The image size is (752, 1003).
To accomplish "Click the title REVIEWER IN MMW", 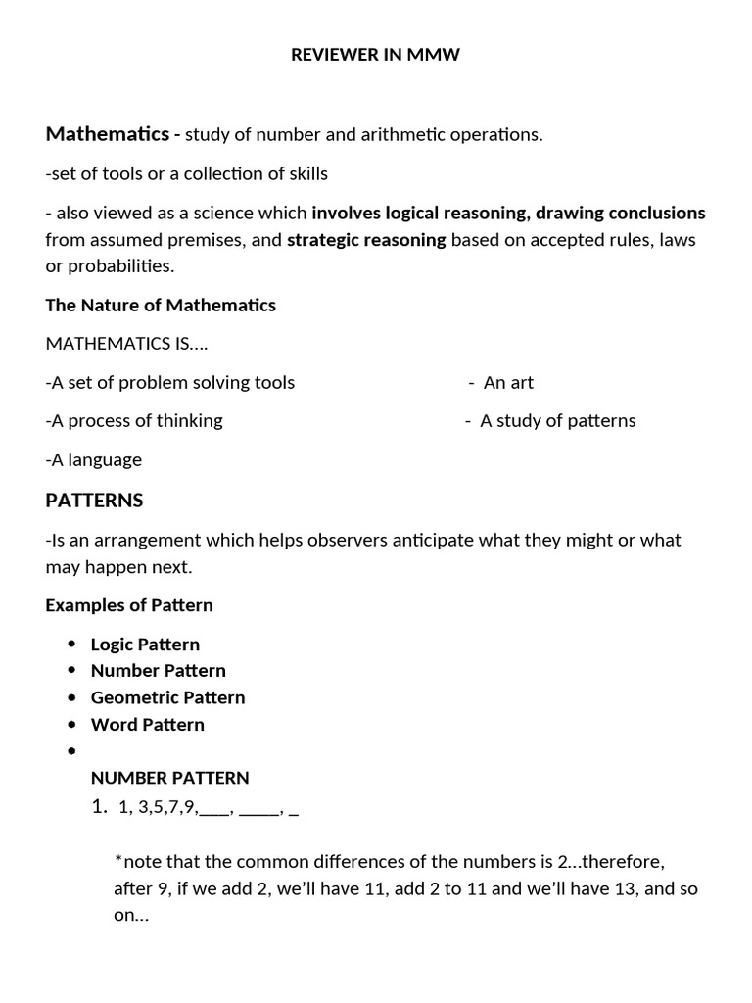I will coord(375,56).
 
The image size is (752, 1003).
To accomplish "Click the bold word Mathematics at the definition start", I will coord(106,133).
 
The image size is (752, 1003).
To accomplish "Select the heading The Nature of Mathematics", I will coord(161,305).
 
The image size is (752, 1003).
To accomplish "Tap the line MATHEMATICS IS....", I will coord(126,344).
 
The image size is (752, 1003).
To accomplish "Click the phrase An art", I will coord(507,382).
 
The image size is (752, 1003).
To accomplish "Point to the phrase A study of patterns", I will coord(556,420).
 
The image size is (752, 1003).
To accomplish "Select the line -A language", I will coord(94,459).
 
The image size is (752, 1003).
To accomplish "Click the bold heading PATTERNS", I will coord(94,501).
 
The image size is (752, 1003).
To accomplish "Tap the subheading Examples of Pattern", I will coord(129,605).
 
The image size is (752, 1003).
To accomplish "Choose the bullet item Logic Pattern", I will coord(145,645).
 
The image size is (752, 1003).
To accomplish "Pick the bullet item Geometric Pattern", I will coord(167,697).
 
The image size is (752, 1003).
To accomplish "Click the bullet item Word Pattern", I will coord(147,725).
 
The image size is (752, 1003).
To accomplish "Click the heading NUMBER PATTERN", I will coord(169,778).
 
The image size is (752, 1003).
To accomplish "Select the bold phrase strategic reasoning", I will coord(366,240).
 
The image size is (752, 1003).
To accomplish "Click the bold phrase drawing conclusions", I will coord(621,213).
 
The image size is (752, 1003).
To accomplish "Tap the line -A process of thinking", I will coord(134,420).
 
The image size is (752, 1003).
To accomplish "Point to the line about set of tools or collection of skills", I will coord(187,173).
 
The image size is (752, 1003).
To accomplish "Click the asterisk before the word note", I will coord(118,861).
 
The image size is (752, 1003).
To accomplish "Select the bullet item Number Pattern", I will coord(158,671).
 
